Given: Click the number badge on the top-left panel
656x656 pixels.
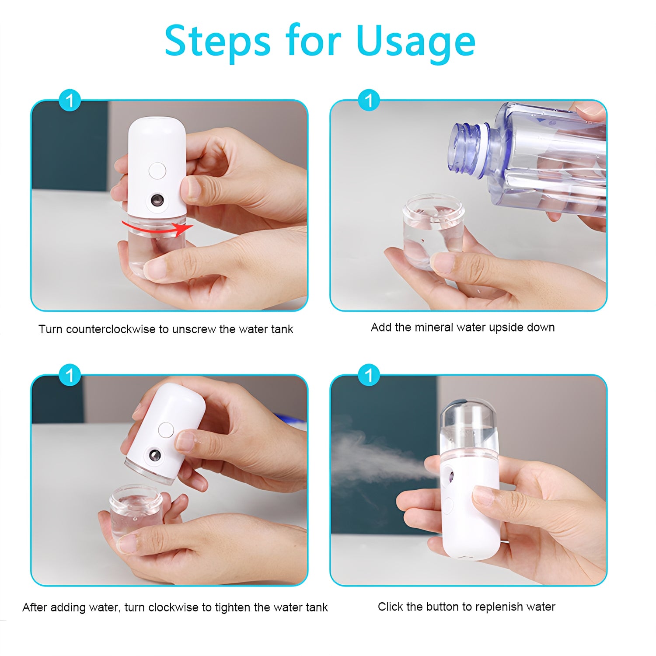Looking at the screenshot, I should pos(70,101).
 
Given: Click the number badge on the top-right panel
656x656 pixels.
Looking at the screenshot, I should pos(369,101).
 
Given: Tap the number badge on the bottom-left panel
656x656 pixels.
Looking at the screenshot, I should pos(70,375).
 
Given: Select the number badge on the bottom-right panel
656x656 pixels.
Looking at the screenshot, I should pos(369,375).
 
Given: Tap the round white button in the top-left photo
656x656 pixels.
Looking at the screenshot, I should pos(157,171).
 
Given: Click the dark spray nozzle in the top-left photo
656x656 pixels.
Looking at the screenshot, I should pos(157,201).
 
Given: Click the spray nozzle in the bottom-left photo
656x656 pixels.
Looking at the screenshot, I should pos(154,456).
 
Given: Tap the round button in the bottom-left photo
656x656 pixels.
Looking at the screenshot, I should pos(166,430).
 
